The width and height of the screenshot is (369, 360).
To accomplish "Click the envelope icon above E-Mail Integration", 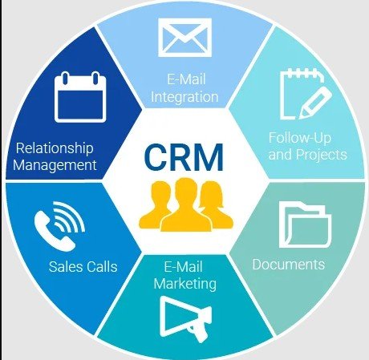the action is (184, 38).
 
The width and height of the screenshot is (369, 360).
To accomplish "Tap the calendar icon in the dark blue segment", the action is (80, 97).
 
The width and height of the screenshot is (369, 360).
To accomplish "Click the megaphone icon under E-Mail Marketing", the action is (185, 319).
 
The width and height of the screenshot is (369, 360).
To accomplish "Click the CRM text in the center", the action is (184, 157).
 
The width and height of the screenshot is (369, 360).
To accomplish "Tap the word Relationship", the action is (55, 148).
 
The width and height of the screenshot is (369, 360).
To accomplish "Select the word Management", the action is (55, 165).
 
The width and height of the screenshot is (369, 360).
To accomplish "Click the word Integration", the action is (184, 97).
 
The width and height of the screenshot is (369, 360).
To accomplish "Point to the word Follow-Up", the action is (300, 138).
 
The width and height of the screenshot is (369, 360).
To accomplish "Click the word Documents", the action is (289, 265).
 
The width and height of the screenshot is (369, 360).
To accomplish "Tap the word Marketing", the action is (185, 284).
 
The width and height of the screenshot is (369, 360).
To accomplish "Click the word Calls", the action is (101, 266).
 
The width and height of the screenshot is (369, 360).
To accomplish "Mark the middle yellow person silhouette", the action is (186, 205).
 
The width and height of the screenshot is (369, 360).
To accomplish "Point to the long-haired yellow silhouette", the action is (215, 205).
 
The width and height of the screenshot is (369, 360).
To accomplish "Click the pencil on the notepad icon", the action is (315, 103).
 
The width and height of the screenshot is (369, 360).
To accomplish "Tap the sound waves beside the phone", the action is (68, 217).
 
